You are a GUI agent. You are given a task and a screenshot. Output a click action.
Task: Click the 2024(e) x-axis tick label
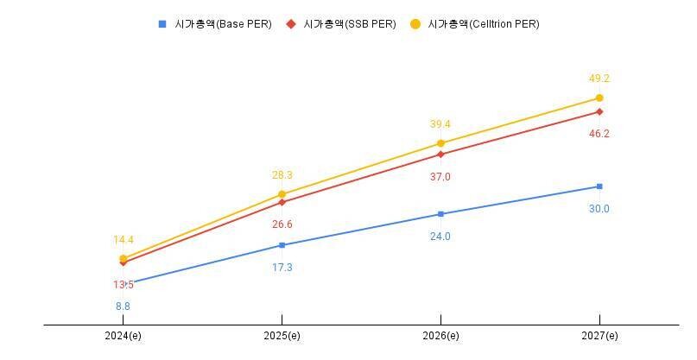tap(123, 336)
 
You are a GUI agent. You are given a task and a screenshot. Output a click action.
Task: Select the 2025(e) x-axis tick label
tap(282, 336)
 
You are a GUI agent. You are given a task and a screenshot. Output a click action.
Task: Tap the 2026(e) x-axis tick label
tap(440, 336)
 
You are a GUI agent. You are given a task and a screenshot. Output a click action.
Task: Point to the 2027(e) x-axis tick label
tap(599, 336)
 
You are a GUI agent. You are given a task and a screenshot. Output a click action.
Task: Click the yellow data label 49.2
tap(599, 79)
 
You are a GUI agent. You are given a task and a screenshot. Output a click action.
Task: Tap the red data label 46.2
tap(599, 134)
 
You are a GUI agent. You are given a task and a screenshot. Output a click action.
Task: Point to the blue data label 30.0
tap(599, 209)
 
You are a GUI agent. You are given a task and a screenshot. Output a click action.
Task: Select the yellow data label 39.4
tap(440, 124)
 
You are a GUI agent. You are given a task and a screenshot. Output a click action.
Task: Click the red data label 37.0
tap(440, 177)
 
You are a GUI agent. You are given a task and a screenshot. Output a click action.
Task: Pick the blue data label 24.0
tap(440, 237)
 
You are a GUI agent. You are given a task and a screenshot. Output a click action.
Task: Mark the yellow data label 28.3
tap(282, 175)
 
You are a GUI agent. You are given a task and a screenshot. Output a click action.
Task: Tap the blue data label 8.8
tap(123, 306)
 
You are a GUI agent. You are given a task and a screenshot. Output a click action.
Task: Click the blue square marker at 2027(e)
tap(599, 186)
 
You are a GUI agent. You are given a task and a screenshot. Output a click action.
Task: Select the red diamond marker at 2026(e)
tap(440, 155)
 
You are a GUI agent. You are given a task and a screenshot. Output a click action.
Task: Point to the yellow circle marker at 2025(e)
tap(282, 194)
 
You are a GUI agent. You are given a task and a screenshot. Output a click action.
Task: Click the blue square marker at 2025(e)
tap(282, 245)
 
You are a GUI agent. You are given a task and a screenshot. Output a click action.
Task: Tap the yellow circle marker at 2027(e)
tap(599, 98)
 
